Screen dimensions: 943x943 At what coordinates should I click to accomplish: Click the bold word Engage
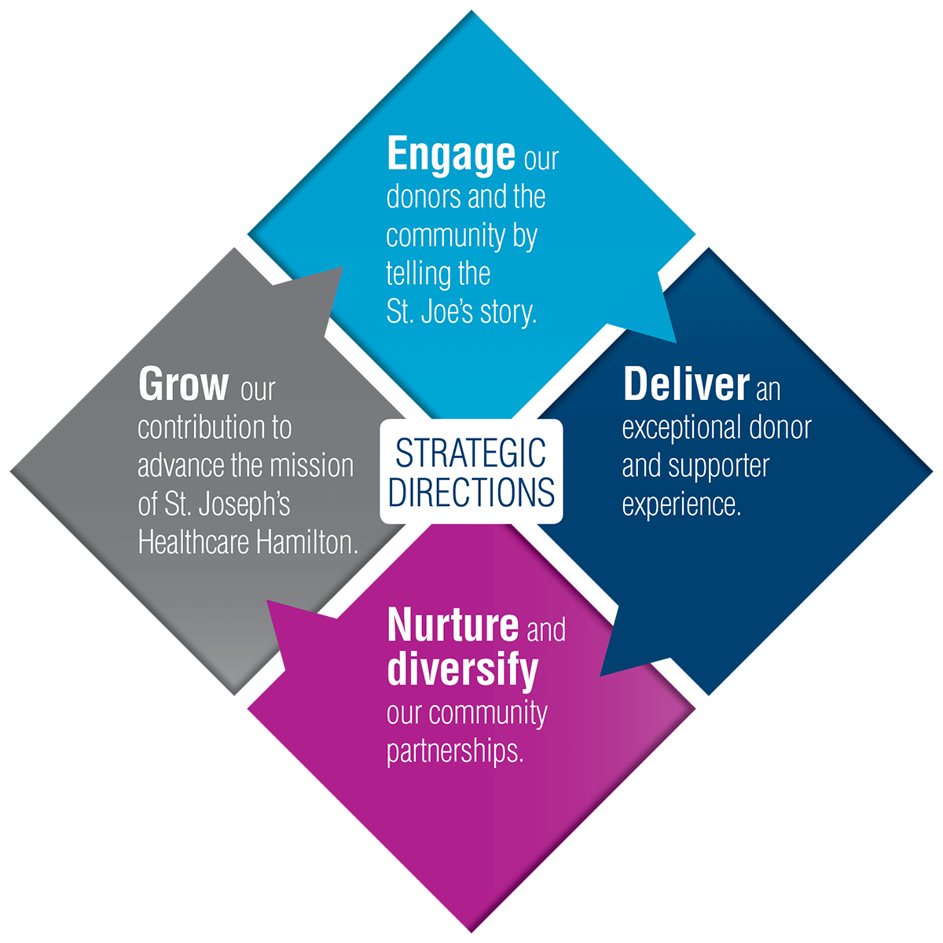[x=451, y=156]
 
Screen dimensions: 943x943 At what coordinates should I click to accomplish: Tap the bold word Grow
[x=183, y=385]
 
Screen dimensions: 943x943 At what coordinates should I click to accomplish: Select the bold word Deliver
[x=686, y=385]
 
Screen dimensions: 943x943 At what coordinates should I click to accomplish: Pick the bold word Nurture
[x=453, y=626]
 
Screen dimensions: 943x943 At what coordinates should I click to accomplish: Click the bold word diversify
[x=463, y=670]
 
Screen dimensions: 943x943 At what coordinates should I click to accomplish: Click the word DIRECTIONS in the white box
[x=472, y=492]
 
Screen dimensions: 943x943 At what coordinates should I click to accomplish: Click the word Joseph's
[x=244, y=505]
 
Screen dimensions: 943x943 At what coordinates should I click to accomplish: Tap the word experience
[x=681, y=505]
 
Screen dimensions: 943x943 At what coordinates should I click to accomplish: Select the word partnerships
[x=455, y=752]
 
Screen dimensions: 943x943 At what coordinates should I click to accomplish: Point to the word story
[x=508, y=312]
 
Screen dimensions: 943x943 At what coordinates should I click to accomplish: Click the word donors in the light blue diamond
[x=421, y=196]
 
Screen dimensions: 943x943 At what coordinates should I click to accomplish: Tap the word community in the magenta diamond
[x=488, y=713]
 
